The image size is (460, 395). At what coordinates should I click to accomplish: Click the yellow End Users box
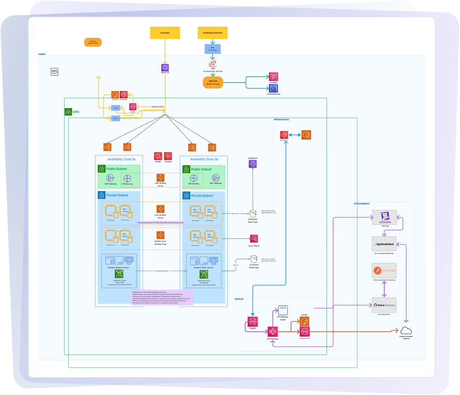point(165,33)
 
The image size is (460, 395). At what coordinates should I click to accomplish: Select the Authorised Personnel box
point(213,33)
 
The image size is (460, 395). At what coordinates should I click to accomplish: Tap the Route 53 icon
point(165,68)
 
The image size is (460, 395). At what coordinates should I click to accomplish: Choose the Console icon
point(273,77)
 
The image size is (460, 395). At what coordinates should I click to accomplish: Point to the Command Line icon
point(273,88)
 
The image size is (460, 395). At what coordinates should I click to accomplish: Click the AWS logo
point(54,71)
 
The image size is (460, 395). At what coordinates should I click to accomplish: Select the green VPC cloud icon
point(68,112)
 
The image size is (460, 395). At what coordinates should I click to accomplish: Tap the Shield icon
point(158,156)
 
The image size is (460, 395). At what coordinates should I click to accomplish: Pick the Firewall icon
point(168,156)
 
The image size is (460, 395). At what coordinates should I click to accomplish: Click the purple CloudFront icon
point(253,163)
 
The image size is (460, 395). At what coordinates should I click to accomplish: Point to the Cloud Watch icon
point(253,239)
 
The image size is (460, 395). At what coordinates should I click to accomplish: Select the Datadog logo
point(384,217)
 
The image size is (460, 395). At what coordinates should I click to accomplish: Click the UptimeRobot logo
point(384,244)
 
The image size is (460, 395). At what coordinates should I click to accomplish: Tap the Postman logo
point(384,270)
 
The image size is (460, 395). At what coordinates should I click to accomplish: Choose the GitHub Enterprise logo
point(384,305)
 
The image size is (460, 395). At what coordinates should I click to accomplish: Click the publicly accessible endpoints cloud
point(406,330)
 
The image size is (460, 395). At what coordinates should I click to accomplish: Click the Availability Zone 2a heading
point(121,159)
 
